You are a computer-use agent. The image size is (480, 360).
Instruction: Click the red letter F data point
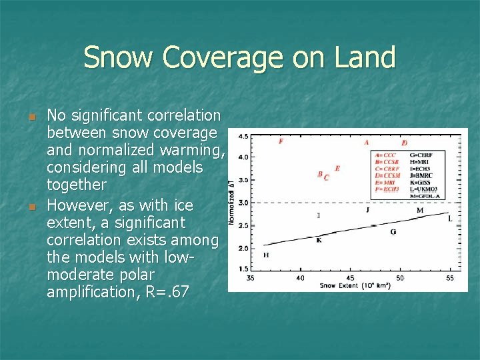[281, 141]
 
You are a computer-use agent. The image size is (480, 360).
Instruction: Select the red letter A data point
[367, 142]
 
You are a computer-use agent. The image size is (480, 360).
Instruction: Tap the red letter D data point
[404, 143]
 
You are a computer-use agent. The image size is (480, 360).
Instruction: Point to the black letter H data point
[266, 255]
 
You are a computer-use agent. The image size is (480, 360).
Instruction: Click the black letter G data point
[393, 232]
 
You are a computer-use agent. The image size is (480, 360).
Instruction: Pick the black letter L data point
[450, 219]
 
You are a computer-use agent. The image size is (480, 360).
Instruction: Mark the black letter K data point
[319, 240]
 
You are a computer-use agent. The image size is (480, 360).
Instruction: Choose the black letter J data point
[367, 209]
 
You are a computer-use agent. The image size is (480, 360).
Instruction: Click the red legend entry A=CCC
[385, 155]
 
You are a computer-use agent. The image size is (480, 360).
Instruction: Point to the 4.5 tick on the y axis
[243, 136]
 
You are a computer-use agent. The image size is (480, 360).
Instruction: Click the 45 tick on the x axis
[350, 277]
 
